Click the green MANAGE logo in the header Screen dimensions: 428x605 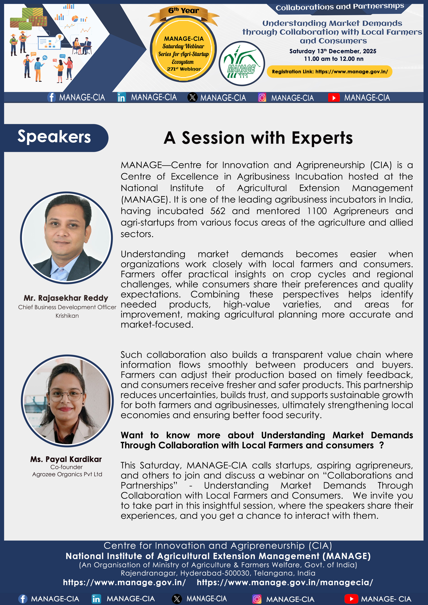(242, 63)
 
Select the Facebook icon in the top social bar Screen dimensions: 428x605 (51, 97)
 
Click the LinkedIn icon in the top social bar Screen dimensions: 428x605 (121, 97)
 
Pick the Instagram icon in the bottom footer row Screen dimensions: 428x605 (257, 599)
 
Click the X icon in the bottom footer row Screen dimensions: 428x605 (177, 599)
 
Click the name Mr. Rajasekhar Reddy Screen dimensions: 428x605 (66, 298)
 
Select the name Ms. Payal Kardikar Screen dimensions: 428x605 (66, 459)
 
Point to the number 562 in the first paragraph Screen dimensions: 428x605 (218, 211)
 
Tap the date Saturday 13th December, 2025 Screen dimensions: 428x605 (333, 51)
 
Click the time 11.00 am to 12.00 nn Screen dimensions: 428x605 (334, 59)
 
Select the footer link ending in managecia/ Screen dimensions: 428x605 (285, 583)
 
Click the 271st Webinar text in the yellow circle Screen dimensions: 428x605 (184, 69)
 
